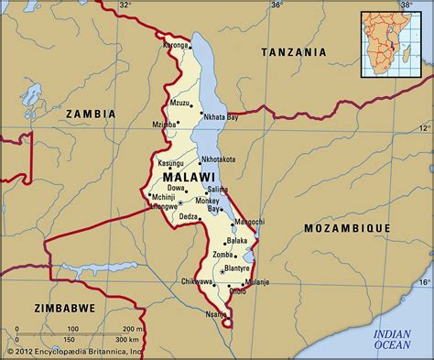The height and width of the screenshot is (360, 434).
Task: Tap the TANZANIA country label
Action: pos(295,53)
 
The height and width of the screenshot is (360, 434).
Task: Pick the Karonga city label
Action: pos(176,45)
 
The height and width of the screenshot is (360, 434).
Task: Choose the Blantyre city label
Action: pos(236,268)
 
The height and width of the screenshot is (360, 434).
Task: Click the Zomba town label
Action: pos(222,254)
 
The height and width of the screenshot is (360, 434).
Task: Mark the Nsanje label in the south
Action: pos(216,314)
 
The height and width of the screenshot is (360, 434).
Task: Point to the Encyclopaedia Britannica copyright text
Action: pos(73,352)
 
